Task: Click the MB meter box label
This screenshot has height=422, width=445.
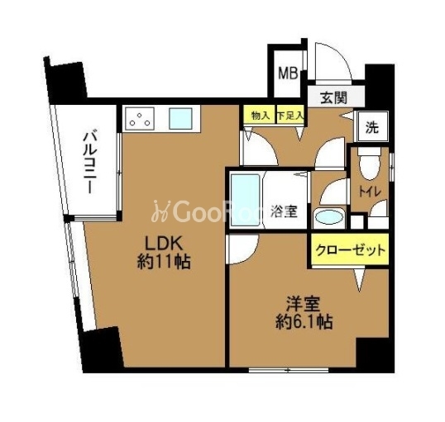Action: point(288,73)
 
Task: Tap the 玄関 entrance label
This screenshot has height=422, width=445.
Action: point(334,98)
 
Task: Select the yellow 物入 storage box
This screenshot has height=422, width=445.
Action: point(260,115)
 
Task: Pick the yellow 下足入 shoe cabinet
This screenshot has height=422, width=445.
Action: point(290,115)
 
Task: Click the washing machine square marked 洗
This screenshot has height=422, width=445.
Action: point(372,126)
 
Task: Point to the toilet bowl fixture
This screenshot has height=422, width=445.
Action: point(369,164)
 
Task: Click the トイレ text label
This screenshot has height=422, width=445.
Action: point(369,192)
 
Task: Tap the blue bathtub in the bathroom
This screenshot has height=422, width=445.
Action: point(245,200)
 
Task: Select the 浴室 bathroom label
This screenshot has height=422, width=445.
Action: point(284,211)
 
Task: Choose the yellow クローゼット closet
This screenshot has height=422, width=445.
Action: point(350,249)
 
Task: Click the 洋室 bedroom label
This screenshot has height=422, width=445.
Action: point(303,304)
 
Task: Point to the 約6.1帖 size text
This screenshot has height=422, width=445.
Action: point(304,322)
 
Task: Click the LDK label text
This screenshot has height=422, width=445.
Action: point(164,244)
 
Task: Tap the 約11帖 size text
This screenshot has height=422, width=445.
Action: point(164,261)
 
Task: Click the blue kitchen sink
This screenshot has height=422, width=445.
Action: point(181,118)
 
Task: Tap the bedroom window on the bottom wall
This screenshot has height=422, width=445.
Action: point(289,370)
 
